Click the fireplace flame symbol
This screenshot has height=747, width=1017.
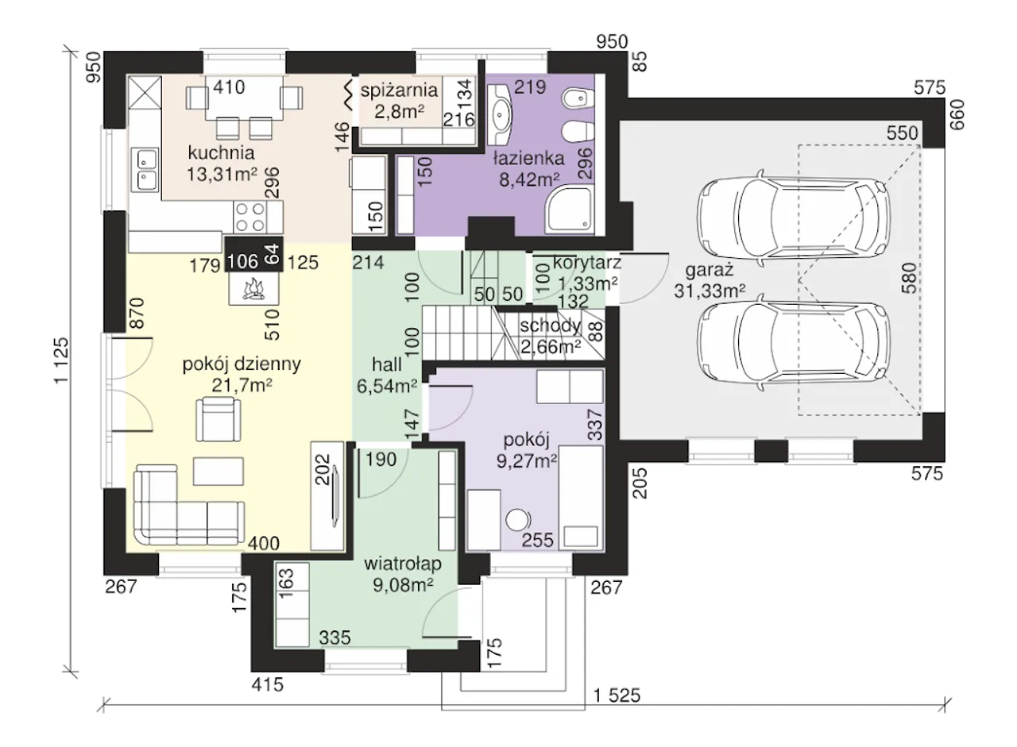point(253,289)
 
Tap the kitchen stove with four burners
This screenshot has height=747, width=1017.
point(250,217)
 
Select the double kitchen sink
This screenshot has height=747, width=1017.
point(145,169)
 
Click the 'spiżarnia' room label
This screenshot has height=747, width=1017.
point(399,90)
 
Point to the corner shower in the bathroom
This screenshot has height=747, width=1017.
point(570,209)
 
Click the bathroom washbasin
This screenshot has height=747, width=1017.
point(500,109)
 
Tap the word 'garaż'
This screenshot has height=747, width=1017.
point(710,271)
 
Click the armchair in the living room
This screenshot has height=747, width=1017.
point(218,419)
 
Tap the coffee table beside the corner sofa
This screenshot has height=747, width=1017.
point(218,472)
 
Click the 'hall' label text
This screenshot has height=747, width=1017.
point(386,364)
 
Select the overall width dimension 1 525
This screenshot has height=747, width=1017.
point(617,695)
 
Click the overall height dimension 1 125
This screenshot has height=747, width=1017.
point(62,360)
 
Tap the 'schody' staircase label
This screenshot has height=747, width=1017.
point(551,325)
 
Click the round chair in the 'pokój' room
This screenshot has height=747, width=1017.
point(517,520)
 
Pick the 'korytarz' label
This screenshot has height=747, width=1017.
point(586,263)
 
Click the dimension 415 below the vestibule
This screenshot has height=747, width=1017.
point(268,684)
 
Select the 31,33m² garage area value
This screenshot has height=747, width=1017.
point(710,291)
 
